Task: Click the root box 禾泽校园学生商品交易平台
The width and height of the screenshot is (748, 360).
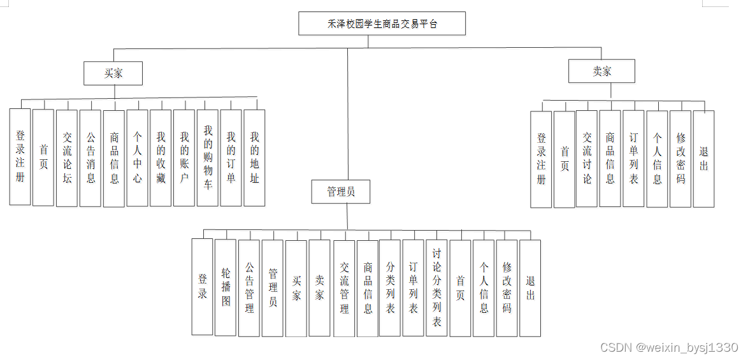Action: pos(382,24)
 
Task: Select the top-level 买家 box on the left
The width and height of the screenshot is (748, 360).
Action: pos(113,73)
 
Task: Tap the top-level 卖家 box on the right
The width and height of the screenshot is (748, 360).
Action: pos(601,71)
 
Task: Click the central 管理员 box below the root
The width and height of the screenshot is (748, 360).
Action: pos(340,192)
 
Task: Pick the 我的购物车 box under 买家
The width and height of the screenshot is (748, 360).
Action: pos(208,157)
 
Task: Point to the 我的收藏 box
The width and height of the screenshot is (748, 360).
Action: pos(161,157)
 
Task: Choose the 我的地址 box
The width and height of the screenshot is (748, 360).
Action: pos(254,157)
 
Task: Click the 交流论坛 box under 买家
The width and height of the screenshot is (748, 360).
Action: pos(67,157)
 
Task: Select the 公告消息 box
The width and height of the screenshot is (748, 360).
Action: pos(90,157)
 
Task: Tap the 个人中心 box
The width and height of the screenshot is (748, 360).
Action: pos(137,157)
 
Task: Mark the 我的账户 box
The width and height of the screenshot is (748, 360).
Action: pos(184,157)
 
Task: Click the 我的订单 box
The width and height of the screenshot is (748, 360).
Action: pos(231,157)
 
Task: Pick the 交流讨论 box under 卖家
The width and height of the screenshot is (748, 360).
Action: pos(587,159)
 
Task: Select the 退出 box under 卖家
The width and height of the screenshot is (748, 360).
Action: pos(703,159)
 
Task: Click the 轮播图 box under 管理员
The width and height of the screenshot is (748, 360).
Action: pos(226,287)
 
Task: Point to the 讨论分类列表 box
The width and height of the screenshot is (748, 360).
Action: pos(437,287)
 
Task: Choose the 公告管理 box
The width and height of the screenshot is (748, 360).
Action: pos(249,288)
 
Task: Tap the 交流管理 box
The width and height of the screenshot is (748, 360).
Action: pos(344,288)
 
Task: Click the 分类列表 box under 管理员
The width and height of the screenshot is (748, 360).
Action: pos(390,288)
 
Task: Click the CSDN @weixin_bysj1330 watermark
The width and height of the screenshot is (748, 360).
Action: pos(669,348)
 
